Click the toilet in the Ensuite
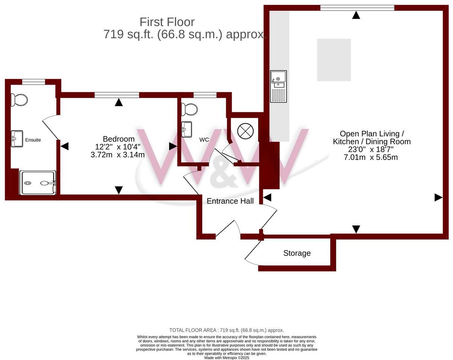20,100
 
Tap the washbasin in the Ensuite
17,139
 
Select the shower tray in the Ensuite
38,183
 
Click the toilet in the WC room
190,109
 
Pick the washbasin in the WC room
187,129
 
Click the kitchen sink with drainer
278,86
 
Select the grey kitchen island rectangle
334,60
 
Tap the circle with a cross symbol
245,131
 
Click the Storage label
297,253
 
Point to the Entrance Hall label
230,201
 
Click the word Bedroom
119,139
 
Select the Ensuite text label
33,140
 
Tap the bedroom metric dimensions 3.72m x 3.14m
118,155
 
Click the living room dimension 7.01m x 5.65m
371,157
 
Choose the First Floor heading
167,22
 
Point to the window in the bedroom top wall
117,95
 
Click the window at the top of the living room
357,8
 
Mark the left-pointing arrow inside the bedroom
65,146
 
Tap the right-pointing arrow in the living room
438,198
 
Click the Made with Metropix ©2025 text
226,358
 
